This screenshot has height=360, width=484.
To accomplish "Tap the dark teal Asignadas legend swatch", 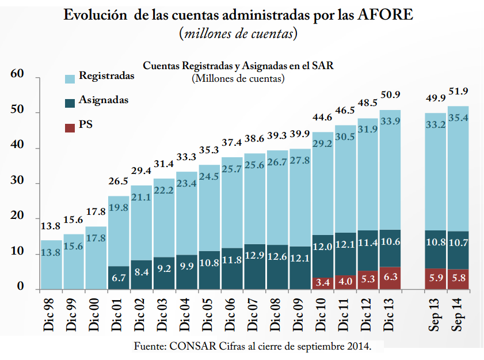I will coord(70,102).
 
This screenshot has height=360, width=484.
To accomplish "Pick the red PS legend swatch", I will coord(70,126).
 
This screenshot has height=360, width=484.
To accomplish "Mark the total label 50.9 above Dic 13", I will coord(390,94).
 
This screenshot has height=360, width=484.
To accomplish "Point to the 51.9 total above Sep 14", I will coord(458,91).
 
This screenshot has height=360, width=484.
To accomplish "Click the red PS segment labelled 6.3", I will coord(390,278).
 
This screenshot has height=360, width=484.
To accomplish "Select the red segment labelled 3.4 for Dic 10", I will coord(322,283).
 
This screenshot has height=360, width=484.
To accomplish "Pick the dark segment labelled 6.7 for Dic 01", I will coord(119,278).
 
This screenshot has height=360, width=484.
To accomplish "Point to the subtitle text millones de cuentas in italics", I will coord(238,34).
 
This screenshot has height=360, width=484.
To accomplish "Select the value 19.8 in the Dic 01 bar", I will coord(119,208).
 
